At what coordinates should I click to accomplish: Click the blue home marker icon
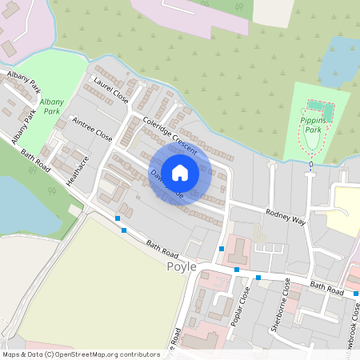tap(180, 172)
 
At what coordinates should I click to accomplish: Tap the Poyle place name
tap(182, 267)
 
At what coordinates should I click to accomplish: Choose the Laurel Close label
tap(110, 90)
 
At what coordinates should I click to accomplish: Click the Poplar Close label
tap(244, 307)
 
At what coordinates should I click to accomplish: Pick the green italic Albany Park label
tap(51, 107)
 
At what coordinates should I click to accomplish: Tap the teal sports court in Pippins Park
tap(318, 106)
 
